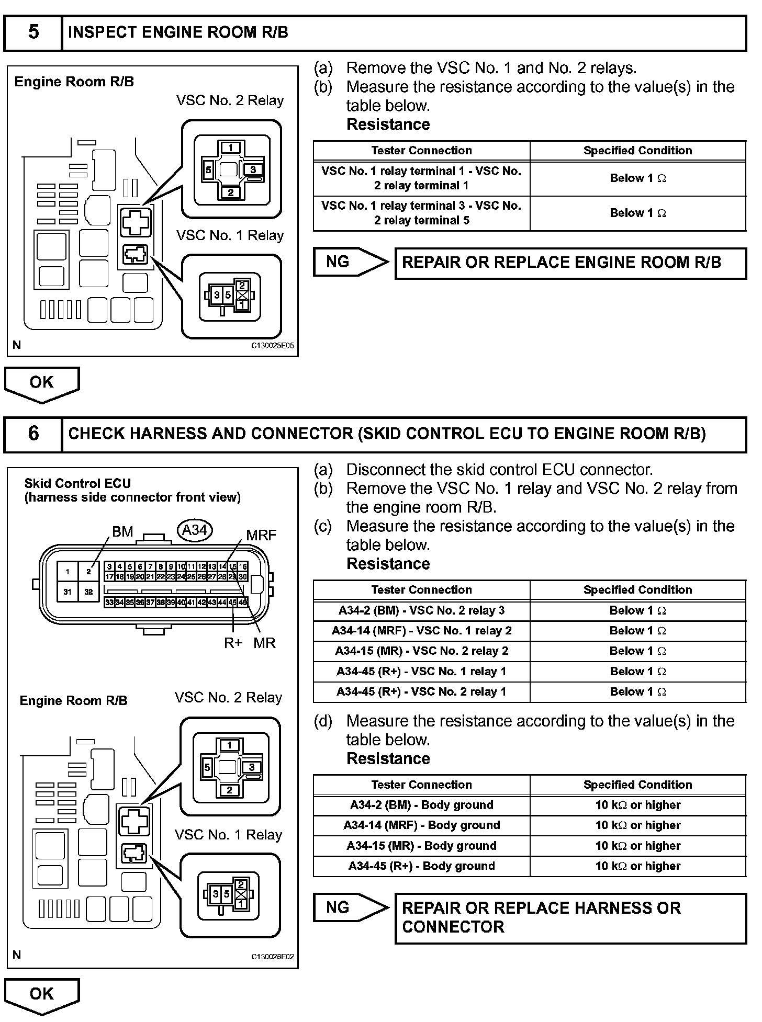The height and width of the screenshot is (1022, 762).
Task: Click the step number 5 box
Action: tap(33, 32)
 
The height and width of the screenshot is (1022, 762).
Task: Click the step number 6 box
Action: tap(33, 434)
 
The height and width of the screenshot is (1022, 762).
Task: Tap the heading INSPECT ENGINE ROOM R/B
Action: tap(178, 32)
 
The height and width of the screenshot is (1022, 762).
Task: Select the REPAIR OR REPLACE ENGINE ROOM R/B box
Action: tap(570, 263)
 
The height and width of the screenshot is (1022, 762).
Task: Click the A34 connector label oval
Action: tap(195, 530)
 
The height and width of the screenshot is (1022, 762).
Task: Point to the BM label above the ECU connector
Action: tap(122, 532)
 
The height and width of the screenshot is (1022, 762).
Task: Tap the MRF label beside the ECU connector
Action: tap(261, 535)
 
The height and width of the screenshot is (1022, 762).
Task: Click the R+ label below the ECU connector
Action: tap(233, 643)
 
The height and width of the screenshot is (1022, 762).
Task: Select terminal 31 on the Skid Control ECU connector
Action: tap(68, 592)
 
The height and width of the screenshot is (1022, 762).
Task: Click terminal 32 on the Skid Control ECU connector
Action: tap(88, 592)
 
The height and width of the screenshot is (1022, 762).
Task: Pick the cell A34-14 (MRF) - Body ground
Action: tap(421, 825)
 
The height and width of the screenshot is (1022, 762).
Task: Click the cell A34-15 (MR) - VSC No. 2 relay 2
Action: tap(421, 651)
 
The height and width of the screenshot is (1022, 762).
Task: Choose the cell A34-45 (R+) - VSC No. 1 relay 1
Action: tap(421, 672)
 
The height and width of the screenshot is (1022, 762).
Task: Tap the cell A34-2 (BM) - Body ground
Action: tap(421, 805)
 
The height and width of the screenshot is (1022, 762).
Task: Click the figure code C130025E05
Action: tap(272, 346)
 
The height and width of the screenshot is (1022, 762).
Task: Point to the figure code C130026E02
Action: tap(272, 957)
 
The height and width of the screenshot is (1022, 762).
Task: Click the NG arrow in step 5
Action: tap(351, 262)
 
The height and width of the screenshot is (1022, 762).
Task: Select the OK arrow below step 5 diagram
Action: tap(41, 383)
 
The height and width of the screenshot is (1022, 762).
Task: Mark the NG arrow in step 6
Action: tap(351, 907)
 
